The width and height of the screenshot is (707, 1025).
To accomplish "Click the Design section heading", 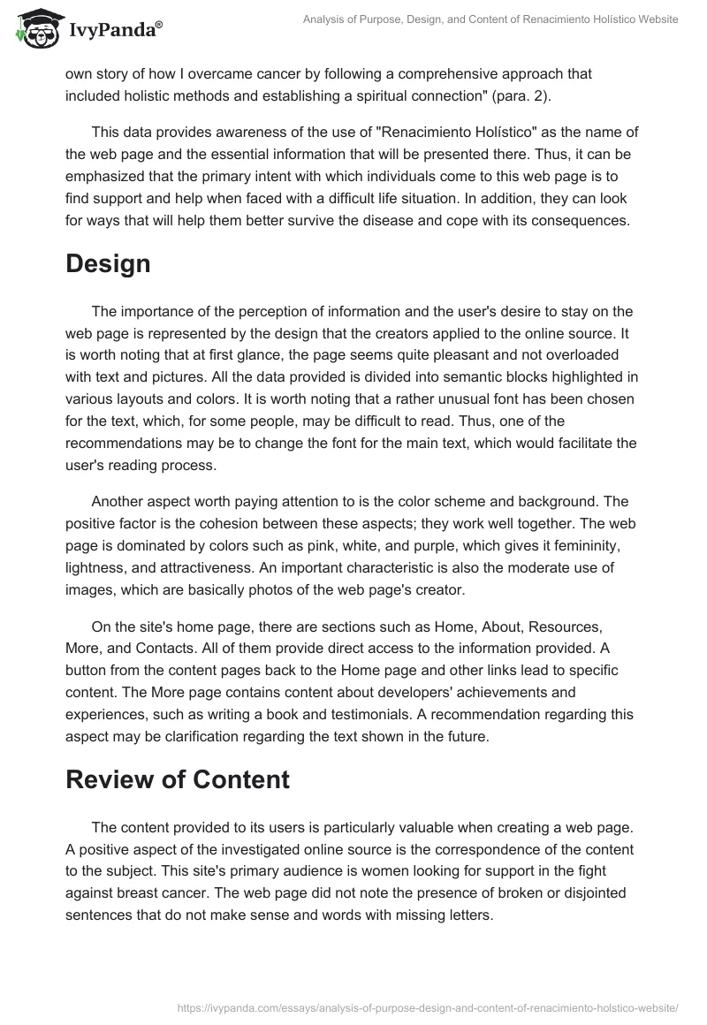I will [108, 263].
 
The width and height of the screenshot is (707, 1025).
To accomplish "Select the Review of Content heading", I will [178, 778].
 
